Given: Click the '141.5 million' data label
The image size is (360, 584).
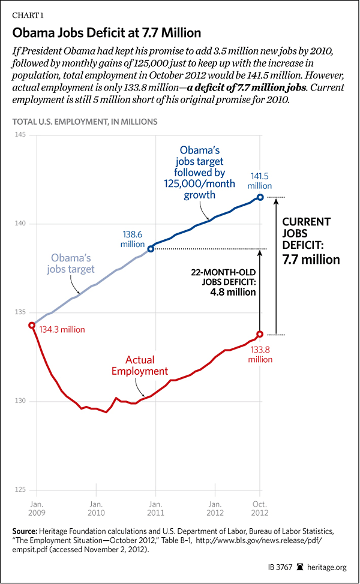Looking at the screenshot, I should (x=259, y=180).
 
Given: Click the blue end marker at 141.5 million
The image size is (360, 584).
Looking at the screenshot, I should (x=260, y=197).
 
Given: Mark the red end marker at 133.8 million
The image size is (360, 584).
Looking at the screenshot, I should (x=260, y=334).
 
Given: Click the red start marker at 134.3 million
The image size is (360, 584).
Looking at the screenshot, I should (x=32, y=325).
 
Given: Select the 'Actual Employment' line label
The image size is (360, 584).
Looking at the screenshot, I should (x=138, y=366).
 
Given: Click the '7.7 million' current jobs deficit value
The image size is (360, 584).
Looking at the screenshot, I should (x=311, y=260).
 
